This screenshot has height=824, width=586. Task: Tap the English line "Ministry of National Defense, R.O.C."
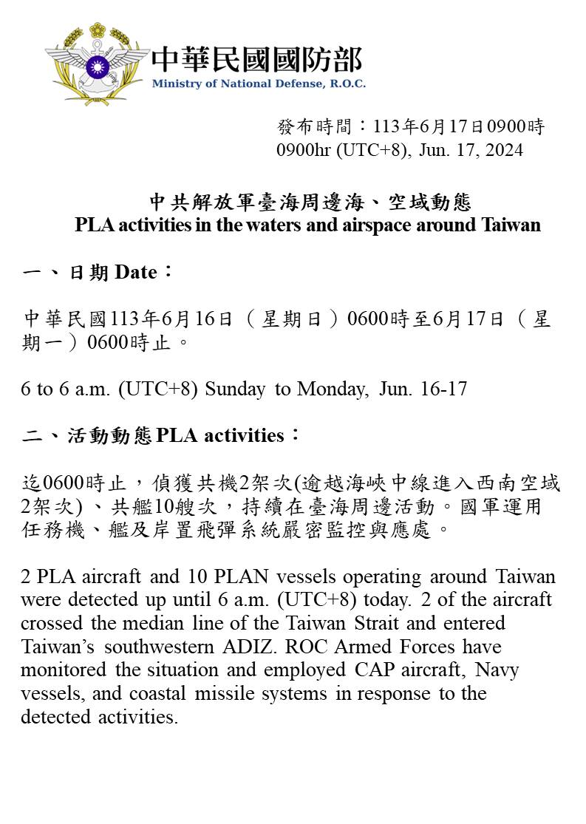click(x=259, y=84)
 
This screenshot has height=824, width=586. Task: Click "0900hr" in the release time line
click(x=304, y=150)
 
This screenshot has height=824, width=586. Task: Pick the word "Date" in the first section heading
click(x=137, y=273)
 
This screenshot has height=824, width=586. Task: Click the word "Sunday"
click(x=235, y=389)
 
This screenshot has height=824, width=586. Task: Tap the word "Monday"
click(x=332, y=389)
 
